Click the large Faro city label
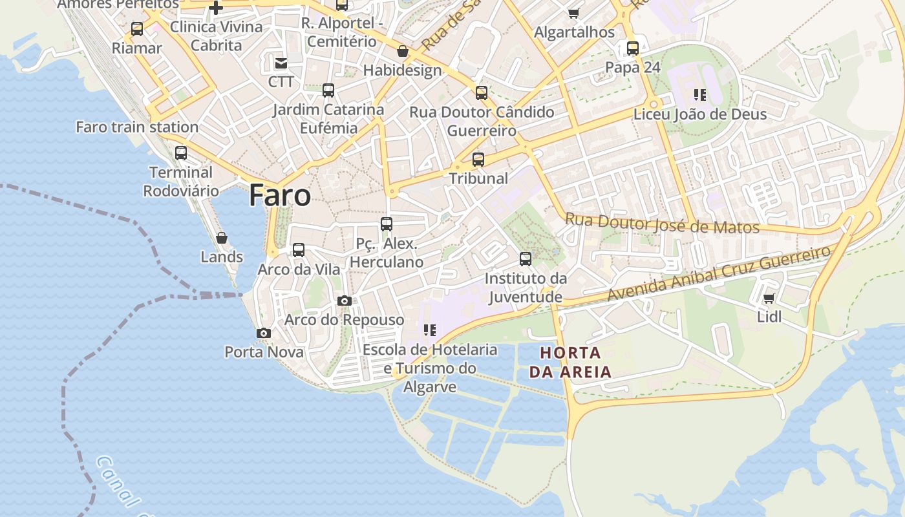coord(280,195)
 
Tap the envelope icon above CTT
coord(281,63)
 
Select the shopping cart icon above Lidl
coord(769,298)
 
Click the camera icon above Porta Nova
coord(263,333)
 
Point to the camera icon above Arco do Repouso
coord(345,301)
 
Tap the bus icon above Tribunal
coord(478,159)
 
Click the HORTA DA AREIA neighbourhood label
coord(570,363)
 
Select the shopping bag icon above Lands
coord(222,238)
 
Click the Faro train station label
coord(137,127)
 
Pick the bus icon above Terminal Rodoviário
coord(181,153)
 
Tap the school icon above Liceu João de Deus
coord(699,95)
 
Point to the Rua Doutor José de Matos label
coord(662,224)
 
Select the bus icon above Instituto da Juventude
coord(526,259)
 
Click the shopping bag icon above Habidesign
coord(403,51)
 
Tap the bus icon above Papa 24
coord(633,48)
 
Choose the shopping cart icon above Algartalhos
coord(574,13)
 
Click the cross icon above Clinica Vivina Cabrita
coord(216,8)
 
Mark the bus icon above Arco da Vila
coord(299,250)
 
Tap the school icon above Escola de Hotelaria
coord(430,330)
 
